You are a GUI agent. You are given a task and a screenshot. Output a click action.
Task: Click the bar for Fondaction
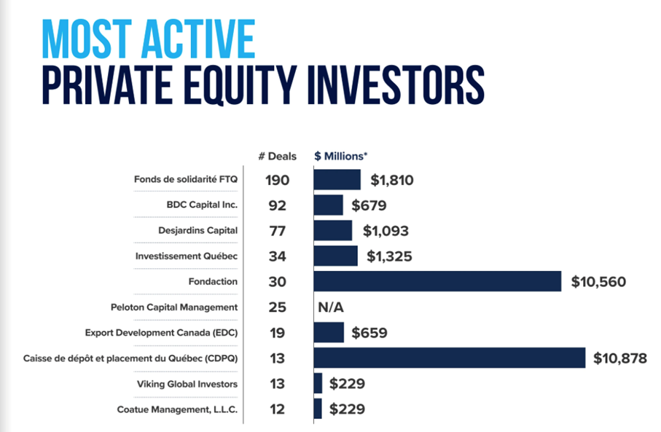point(437,281)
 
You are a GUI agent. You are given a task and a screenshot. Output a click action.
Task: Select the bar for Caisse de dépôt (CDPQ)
point(450,358)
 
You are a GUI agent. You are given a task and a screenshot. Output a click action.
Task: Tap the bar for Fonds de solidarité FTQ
point(337,180)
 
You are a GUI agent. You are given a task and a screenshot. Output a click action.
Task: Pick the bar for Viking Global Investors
point(318,383)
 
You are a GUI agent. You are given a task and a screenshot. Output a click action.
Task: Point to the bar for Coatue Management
point(318,409)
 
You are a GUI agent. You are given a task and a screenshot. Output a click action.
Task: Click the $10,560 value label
point(598,282)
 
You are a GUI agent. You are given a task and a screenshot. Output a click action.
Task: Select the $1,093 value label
point(386,231)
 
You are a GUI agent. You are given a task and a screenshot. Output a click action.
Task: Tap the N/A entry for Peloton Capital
point(331,307)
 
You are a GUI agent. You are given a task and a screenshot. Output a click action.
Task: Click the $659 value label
point(369,333)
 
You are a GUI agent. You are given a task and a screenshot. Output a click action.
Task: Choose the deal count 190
point(278,181)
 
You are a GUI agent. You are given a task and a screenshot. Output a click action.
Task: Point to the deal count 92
point(278,205)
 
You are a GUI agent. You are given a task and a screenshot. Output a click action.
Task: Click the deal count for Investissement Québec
point(278,256)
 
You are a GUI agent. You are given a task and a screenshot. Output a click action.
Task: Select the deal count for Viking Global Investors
point(278,384)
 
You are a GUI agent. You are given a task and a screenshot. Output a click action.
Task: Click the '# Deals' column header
point(278,157)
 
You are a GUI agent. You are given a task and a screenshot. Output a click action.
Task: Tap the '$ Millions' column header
point(341,157)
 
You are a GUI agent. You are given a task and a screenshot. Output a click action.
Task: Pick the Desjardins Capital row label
point(198,230)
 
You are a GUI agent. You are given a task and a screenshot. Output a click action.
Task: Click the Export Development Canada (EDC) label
point(162,333)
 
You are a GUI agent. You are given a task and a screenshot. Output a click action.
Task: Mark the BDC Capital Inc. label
point(203,205)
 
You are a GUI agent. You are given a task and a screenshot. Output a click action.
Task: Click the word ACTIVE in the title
point(198,39)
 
